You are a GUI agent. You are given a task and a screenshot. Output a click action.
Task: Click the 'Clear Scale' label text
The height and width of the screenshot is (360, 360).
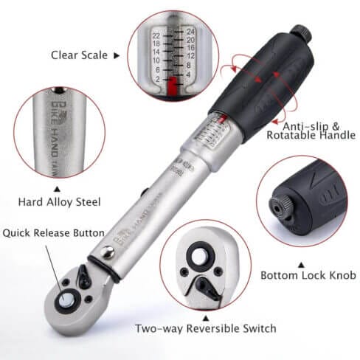click(x=79, y=55)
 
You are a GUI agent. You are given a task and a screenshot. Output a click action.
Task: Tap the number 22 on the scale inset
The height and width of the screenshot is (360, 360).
click(x=156, y=35)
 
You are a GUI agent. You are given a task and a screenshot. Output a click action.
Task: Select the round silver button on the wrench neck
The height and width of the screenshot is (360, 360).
click(x=108, y=255)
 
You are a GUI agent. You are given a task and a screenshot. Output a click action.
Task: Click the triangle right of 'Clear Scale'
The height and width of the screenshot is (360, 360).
click(x=117, y=55)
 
